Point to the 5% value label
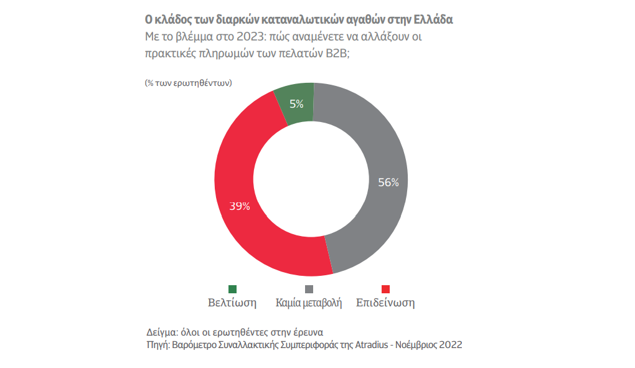point(296,104)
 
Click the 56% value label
point(388,182)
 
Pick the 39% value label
point(240,206)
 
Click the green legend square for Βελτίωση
point(233,289)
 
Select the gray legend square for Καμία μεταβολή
point(309,289)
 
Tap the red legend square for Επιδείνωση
point(385,289)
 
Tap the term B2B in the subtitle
point(336,53)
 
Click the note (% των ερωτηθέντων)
point(188,82)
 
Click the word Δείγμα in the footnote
point(160,332)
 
